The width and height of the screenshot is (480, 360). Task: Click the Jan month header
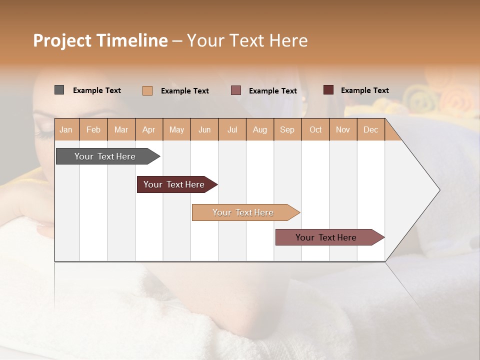tap(66, 129)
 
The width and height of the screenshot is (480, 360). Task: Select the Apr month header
tap(149, 129)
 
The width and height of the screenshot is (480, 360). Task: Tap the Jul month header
tap(232, 129)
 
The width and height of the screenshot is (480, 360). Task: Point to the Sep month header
tap(287, 129)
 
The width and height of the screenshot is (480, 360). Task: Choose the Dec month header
tap(370, 129)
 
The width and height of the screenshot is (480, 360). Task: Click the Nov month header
tap(343, 129)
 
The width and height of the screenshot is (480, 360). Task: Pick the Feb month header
tap(93, 129)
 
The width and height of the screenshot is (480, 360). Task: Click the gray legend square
tap(59, 90)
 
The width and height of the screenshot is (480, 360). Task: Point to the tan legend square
tap(147, 90)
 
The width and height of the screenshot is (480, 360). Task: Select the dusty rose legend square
tap(236, 90)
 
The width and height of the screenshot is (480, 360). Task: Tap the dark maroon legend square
tap(328, 90)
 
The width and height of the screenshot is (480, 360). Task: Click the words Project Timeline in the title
tap(100, 40)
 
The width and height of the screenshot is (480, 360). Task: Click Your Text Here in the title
tap(247, 40)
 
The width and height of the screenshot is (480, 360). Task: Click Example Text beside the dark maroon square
tap(364, 90)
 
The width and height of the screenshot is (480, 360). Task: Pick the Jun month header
tap(204, 129)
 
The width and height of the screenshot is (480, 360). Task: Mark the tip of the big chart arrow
tap(439, 190)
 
